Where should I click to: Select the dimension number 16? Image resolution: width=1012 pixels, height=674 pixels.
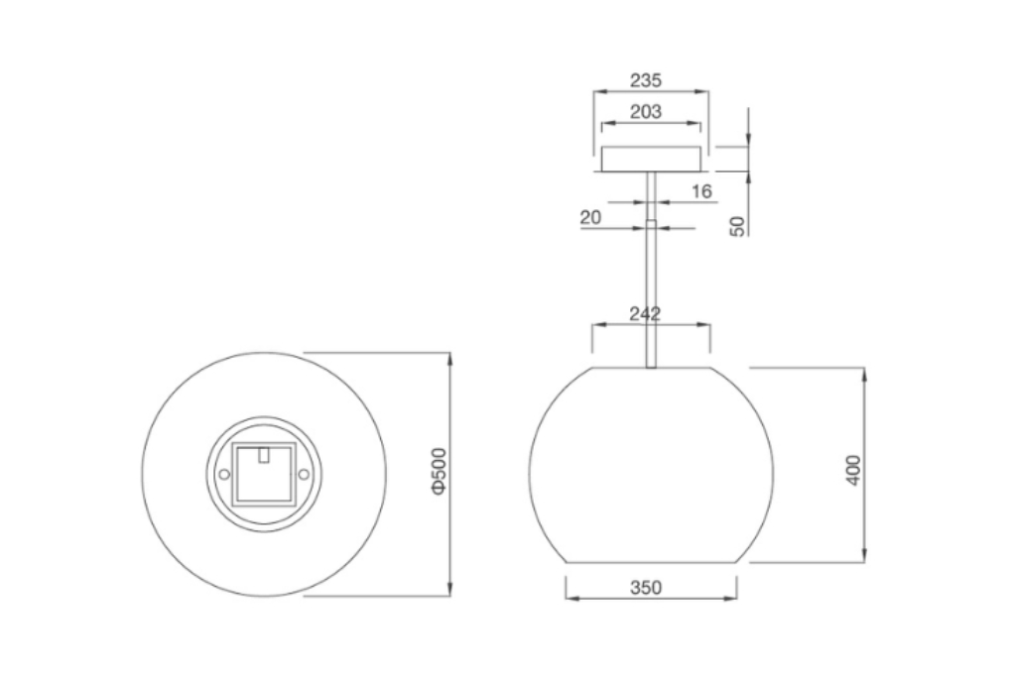pyautogui.click(x=701, y=191)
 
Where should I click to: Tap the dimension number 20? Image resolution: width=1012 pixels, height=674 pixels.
pyautogui.click(x=591, y=217)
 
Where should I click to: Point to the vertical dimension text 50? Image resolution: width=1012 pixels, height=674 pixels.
pyautogui.click(x=737, y=226)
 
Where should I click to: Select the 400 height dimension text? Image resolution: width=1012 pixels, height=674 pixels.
pyautogui.click(x=853, y=469)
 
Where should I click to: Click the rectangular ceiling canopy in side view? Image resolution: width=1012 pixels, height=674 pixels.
pyautogui.click(x=651, y=159)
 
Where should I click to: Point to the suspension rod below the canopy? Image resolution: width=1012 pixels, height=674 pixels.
pyautogui.click(x=651, y=278)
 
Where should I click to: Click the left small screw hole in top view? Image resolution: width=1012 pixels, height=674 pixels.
pyautogui.click(x=224, y=475)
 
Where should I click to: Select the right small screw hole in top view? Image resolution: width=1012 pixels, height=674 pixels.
pyautogui.click(x=304, y=475)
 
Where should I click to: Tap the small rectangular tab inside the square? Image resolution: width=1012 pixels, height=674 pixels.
pyautogui.click(x=263, y=454)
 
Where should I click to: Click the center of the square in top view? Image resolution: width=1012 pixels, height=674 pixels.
pyautogui.click(x=263, y=475)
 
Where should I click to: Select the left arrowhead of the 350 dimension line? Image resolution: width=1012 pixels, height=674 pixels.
pyautogui.click(x=569, y=598)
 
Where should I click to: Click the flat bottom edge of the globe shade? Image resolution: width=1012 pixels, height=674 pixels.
pyautogui.click(x=651, y=562)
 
